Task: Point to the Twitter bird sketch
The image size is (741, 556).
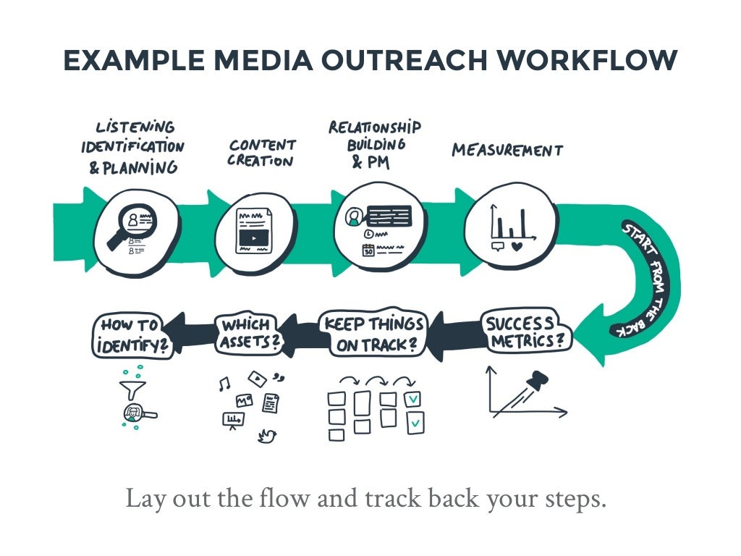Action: coord(267,436)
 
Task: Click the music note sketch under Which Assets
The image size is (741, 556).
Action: coord(224,385)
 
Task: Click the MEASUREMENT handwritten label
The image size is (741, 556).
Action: coord(507,151)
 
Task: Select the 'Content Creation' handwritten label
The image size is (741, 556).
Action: coord(262,153)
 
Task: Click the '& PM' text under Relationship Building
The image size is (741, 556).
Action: coord(370,164)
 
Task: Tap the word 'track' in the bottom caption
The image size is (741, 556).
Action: coord(385,500)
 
